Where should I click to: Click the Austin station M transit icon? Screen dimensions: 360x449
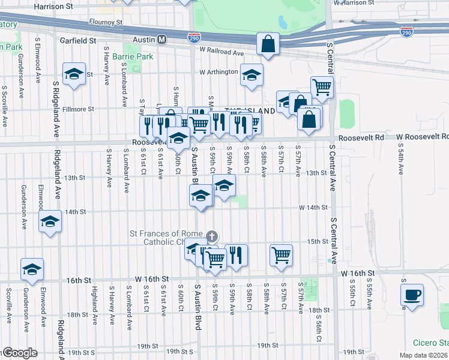click(161, 40)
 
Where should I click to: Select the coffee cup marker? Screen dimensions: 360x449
click(412, 295)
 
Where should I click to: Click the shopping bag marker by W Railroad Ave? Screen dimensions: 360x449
click(268, 44)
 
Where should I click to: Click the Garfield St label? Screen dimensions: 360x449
click(78, 41)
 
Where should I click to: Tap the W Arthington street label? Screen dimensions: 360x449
click(219, 72)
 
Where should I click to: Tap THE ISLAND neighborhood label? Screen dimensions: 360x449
click(250, 111)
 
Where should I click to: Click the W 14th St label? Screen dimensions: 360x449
click(314, 207)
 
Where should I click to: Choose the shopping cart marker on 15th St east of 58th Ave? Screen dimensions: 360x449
click(281, 254)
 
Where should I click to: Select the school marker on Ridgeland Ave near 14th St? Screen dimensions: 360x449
click(50, 223)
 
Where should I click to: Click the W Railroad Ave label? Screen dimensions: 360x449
click(221, 52)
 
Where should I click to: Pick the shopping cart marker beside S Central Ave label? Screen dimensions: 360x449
click(322, 87)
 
